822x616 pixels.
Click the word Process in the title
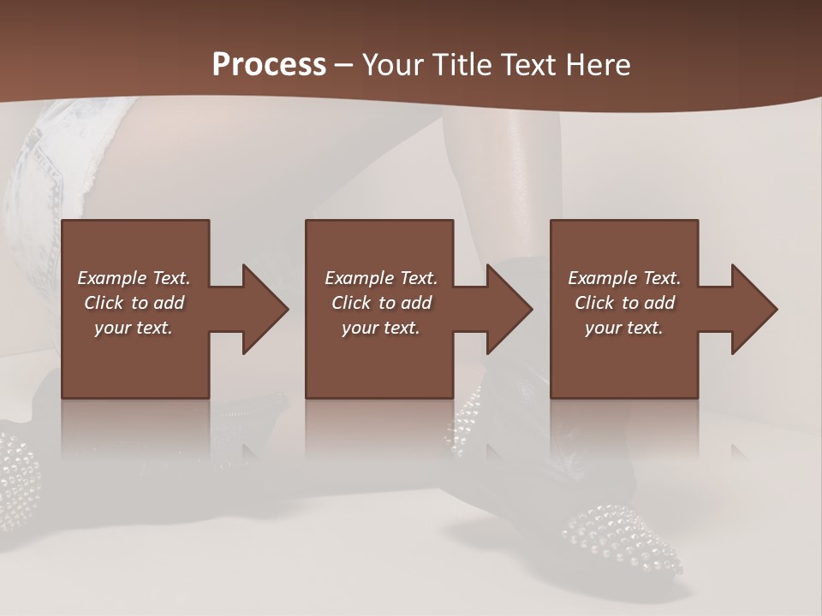[x=269, y=65]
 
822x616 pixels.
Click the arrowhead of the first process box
[x=265, y=309]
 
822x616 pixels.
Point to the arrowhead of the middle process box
[x=509, y=309]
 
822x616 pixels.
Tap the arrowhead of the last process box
[x=754, y=309]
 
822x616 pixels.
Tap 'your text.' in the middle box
[x=380, y=328]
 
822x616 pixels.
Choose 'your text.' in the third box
[x=623, y=328]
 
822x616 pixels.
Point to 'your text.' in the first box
[x=133, y=328]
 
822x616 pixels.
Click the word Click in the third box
[x=595, y=303]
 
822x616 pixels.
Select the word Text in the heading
[x=523, y=65]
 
